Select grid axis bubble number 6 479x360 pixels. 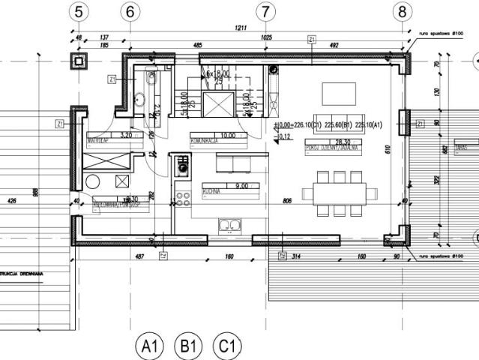click(x=130, y=11)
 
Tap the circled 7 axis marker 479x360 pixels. click(x=264, y=11)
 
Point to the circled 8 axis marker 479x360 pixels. click(x=403, y=11)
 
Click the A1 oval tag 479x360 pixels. click(x=148, y=346)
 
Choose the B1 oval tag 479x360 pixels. click(x=188, y=346)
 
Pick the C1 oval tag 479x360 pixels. click(x=228, y=346)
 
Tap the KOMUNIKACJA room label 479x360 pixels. click(x=204, y=139)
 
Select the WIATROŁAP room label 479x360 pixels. click(x=100, y=139)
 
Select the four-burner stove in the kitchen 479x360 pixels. click(x=182, y=199)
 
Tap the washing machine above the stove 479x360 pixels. click(x=182, y=166)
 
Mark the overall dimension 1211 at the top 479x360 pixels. click(x=240, y=28)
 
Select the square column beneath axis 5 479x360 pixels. click(x=79, y=61)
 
